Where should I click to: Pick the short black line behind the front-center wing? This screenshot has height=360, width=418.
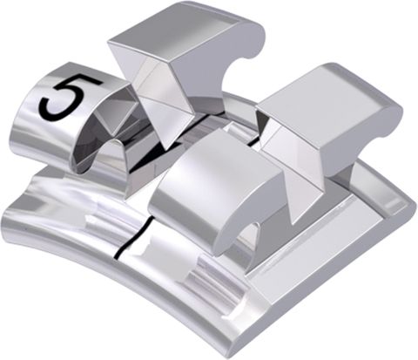point(248,138)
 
